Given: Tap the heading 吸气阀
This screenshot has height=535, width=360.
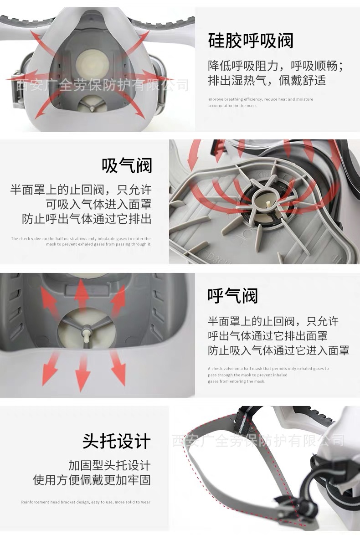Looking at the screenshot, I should [127, 165].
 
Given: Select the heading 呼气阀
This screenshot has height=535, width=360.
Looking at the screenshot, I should [232, 296].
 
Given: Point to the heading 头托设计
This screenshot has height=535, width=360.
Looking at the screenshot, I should [117, 441].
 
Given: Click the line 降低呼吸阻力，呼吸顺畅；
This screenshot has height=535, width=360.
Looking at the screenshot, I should [275, 66].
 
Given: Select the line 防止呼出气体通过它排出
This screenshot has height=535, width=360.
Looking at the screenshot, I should [87, 219].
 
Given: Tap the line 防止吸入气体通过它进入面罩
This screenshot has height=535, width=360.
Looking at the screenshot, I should [278, 350].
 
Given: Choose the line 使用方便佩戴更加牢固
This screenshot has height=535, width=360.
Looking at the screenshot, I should [92, 480].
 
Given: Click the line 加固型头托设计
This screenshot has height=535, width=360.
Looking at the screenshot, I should [109, 465].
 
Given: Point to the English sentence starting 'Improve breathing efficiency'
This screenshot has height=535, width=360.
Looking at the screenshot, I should [260, 99].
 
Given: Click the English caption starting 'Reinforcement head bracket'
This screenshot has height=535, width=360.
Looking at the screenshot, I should [86, 502].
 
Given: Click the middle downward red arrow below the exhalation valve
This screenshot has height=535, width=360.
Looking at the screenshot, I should [82, 371].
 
